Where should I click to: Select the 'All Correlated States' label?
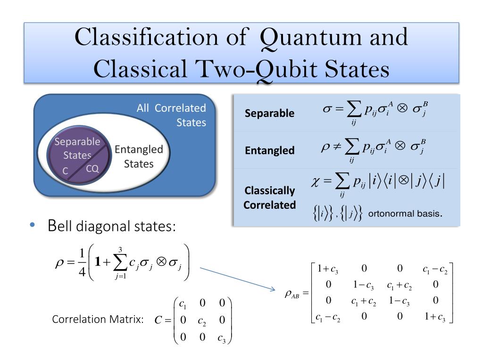click(x=171, y=115)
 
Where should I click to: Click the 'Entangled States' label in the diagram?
click(x=139, y=156)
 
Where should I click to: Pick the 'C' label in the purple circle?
click(x=66, y=172)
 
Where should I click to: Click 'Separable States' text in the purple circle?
click(x=77, y=148)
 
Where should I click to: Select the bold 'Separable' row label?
click(x=269, y=114)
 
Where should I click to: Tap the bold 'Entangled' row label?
click(x=269, y=151)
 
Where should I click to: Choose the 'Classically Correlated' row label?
click(x=270, y=198)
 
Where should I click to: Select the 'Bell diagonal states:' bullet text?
click(x=112, y=227)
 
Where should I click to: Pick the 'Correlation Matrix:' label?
click(x=98, y=319)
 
